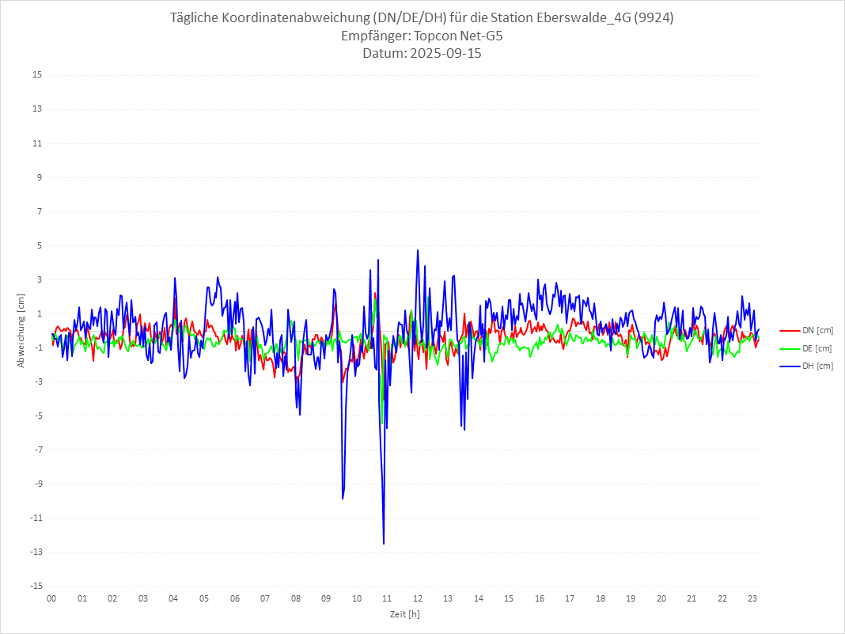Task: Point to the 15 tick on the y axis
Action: (x=37, y=75)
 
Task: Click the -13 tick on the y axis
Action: (x=36, y=552)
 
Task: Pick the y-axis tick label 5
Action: (x=39, y=245)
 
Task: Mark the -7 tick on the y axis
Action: (x=37, y=450)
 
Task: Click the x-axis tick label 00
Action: (x=51, y=598)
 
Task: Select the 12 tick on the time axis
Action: (x=418, y=598)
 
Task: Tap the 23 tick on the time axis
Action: (x=752, y=598)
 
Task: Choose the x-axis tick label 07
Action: (x=265, y=598)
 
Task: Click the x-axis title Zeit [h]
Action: (x=404, y=614)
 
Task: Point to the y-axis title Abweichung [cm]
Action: (x=21, y=331)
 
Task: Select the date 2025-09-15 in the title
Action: (x=445, y=54)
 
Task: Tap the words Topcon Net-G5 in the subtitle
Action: (x=454, y=36)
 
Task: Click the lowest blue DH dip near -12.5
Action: (x=384, y=543)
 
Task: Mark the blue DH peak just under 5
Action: (x=418, y=251)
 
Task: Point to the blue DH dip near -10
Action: (x=343, y=498)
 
